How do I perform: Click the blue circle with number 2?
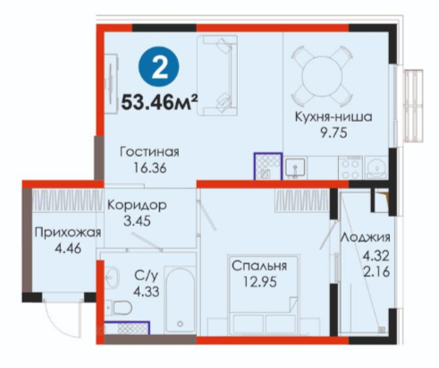tap(159, 69)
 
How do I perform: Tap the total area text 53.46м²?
tap(159, 102)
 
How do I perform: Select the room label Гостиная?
tap(149, 152)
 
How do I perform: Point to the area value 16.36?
tap(150, 168)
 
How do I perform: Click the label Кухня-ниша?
tap(333, 116)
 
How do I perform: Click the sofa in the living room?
tap(217, 75)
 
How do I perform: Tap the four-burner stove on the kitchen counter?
tap(350, 168)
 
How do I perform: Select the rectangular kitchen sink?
tap(295, 168)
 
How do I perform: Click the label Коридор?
tap(137, 205)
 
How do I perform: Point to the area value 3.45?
tap(137, 221)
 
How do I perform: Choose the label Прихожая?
tap(68, 232)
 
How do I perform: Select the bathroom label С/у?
tap(146, 276)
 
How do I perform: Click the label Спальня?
tap(259, 266)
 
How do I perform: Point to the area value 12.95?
tap(260, 282)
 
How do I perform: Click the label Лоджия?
tap(366, 237)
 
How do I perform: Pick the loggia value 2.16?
tap(376, 272)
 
